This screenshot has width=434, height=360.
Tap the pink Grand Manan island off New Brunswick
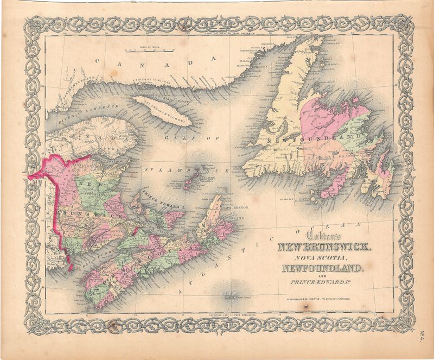tap(70, 266)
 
